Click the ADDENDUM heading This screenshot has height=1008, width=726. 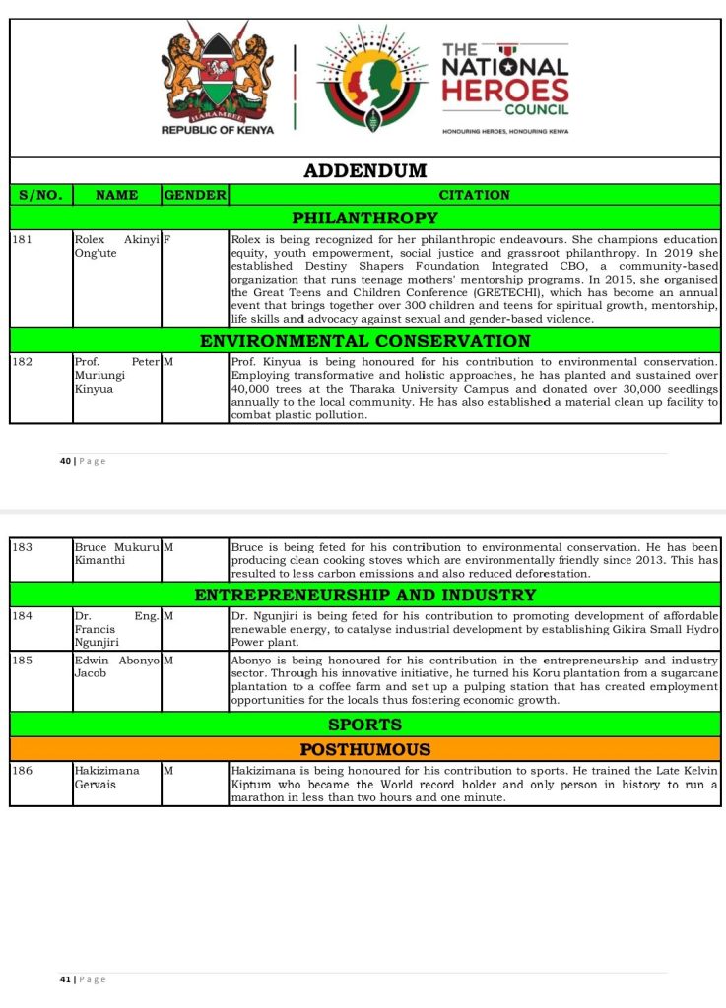tap(364, 170)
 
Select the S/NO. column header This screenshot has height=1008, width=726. tap(40, 195)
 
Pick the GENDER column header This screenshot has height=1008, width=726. tap(195, 195)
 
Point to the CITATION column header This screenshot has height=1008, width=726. tap(474, 195)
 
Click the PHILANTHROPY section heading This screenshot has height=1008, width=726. tap(364, 218)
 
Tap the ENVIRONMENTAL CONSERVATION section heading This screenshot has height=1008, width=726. tap(364, 341)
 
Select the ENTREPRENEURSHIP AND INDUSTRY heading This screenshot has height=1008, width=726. tap(364, 595)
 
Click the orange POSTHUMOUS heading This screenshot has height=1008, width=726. tap(364, 749)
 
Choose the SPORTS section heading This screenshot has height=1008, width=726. tap(364, 724)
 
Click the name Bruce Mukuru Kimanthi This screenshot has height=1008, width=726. tap(115, 552)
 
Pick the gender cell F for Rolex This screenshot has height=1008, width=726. tap(166, 239)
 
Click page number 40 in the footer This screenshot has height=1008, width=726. tap(65, 461)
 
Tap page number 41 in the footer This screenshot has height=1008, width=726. tap(65, 979)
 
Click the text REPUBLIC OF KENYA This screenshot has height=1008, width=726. tap(217, 130)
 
